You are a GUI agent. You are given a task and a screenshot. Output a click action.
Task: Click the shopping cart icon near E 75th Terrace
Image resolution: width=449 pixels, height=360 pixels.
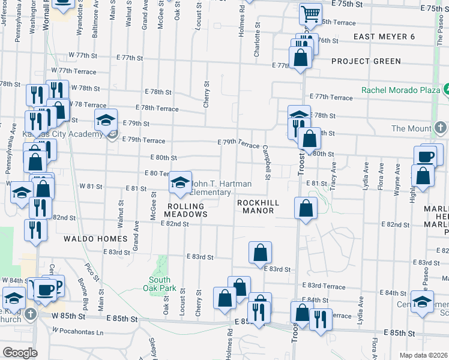(310, 13)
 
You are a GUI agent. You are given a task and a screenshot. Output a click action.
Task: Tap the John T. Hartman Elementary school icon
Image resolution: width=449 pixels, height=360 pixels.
(179, 182)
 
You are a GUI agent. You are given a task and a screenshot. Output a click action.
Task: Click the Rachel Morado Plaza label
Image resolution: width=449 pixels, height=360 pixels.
(400, 90)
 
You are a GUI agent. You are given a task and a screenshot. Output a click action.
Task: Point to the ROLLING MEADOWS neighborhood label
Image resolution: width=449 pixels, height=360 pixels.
(186, 209)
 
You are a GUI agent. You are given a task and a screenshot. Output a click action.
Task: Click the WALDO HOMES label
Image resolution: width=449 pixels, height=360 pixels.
(96, 239)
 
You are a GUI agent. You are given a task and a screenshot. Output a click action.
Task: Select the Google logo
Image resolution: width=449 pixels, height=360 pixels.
(20, 353)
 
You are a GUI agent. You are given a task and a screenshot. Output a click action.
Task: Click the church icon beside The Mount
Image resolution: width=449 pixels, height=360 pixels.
(441, 128)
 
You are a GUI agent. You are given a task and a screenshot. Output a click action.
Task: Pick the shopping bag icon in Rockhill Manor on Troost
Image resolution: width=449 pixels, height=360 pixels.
(306, 208)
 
